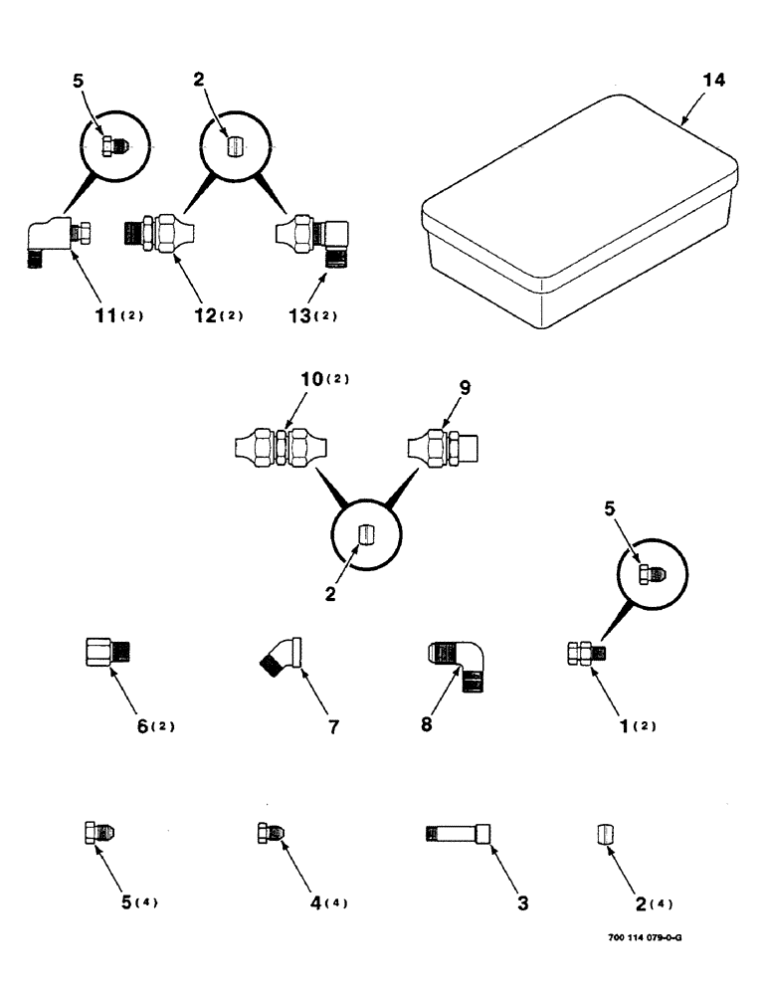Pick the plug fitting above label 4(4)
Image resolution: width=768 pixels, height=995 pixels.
click(x=270, y=833)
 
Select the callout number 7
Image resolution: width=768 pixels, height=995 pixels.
click(x=334, y=726)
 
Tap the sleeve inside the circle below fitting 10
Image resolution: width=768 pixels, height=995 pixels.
click(x=365, y=534)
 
